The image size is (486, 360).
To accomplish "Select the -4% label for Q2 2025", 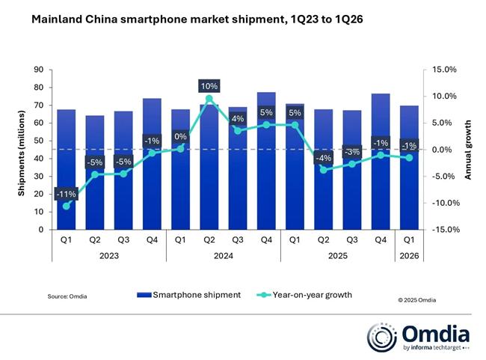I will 323,158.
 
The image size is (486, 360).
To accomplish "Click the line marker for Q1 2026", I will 408,157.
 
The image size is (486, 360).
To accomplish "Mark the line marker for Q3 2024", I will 238,131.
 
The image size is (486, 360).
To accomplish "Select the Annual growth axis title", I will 468,150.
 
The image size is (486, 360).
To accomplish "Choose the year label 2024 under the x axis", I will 223,255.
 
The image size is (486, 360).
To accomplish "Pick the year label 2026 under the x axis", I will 408,255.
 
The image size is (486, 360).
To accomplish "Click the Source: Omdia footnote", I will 67,296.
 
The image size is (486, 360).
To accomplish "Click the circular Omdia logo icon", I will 381,337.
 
